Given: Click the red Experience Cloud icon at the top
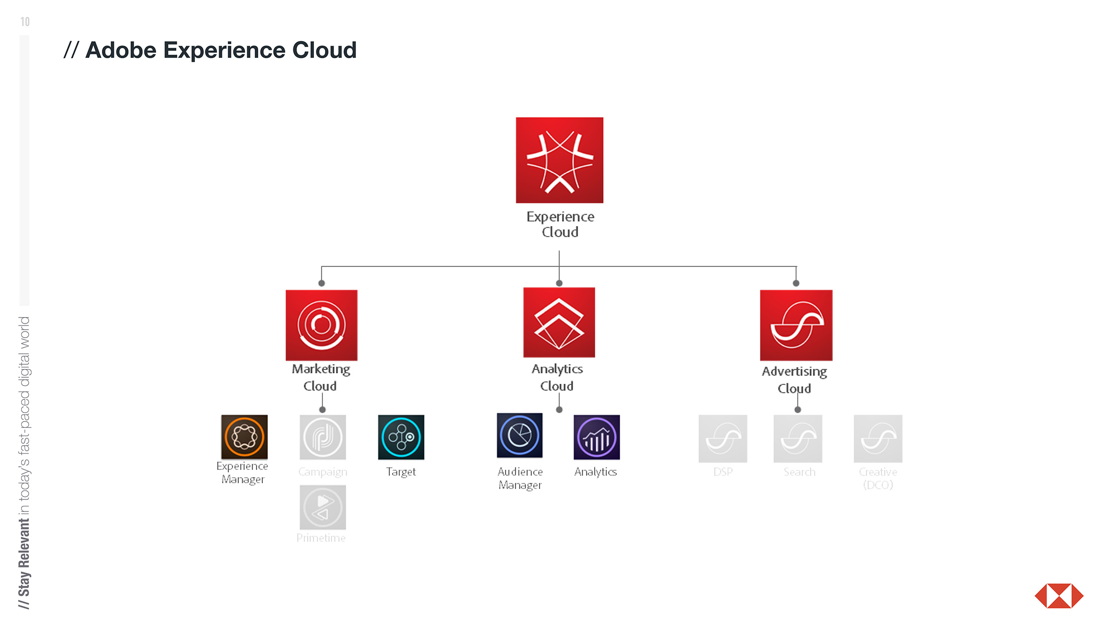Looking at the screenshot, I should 559,160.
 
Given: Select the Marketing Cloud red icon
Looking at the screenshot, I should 321,325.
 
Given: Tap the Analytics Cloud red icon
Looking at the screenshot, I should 559,322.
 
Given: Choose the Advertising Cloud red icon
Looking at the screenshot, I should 796,325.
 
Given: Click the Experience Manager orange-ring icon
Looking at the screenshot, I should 244,437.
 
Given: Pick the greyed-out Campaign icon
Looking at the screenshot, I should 322,437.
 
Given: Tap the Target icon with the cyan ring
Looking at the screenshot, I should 401,437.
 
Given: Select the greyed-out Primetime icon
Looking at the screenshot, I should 322,507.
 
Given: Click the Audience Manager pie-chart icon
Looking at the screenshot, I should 519,435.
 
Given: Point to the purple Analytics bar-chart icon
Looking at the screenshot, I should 597,437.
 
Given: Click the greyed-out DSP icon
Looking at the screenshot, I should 723,439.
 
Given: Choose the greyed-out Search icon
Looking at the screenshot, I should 798,439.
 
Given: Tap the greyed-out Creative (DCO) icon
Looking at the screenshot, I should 878,439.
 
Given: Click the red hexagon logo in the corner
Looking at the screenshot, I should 1059,596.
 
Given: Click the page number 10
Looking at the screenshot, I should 25,22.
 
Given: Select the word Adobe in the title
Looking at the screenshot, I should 121,50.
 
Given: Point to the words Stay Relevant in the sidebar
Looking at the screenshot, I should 24,558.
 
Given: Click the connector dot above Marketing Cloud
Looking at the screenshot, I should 321,283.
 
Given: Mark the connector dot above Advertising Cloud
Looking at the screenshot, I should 796,283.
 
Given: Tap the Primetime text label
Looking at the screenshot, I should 321,538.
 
